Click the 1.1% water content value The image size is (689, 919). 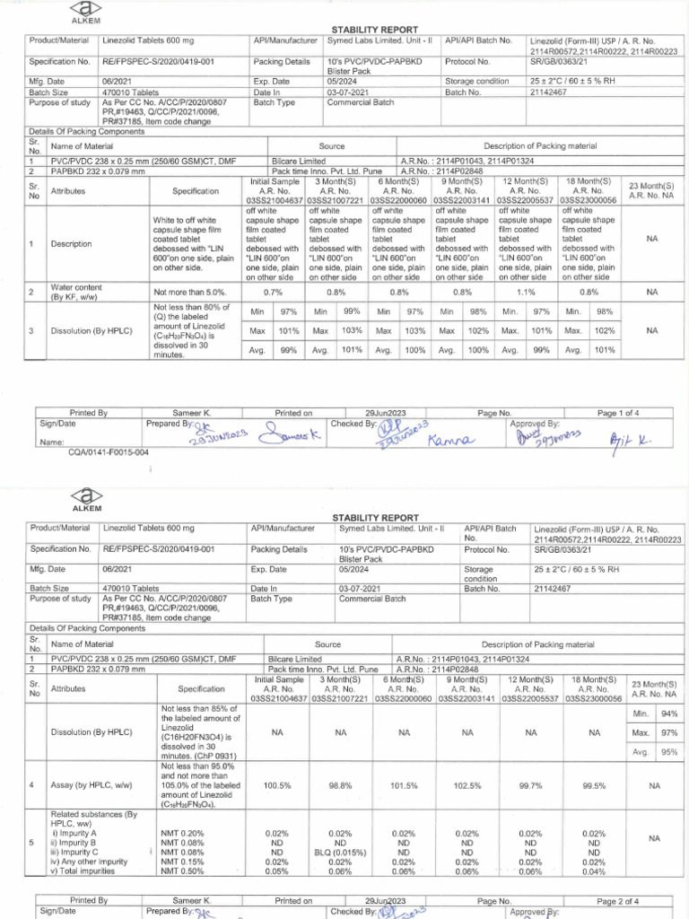pos(526,292)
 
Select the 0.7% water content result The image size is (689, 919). pos(273,292)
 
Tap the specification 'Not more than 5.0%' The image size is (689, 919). pos(190,292)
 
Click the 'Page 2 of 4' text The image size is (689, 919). pos(617,900)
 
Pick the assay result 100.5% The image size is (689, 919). pos(276,785)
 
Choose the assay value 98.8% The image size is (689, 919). pos(340,785)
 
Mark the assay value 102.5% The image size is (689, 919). pos(467,785)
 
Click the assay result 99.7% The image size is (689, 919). pos(531,785)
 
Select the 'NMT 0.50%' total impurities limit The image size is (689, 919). pos(182,871)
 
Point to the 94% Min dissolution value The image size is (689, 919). pos(668,713)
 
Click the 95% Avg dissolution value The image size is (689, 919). pos(668,752)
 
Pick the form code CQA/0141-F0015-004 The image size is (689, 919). pos(109,452)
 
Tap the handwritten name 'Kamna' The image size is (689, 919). pos(448,440)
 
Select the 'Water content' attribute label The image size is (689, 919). pos(76,287)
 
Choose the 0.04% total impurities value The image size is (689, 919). pos(594,871)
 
